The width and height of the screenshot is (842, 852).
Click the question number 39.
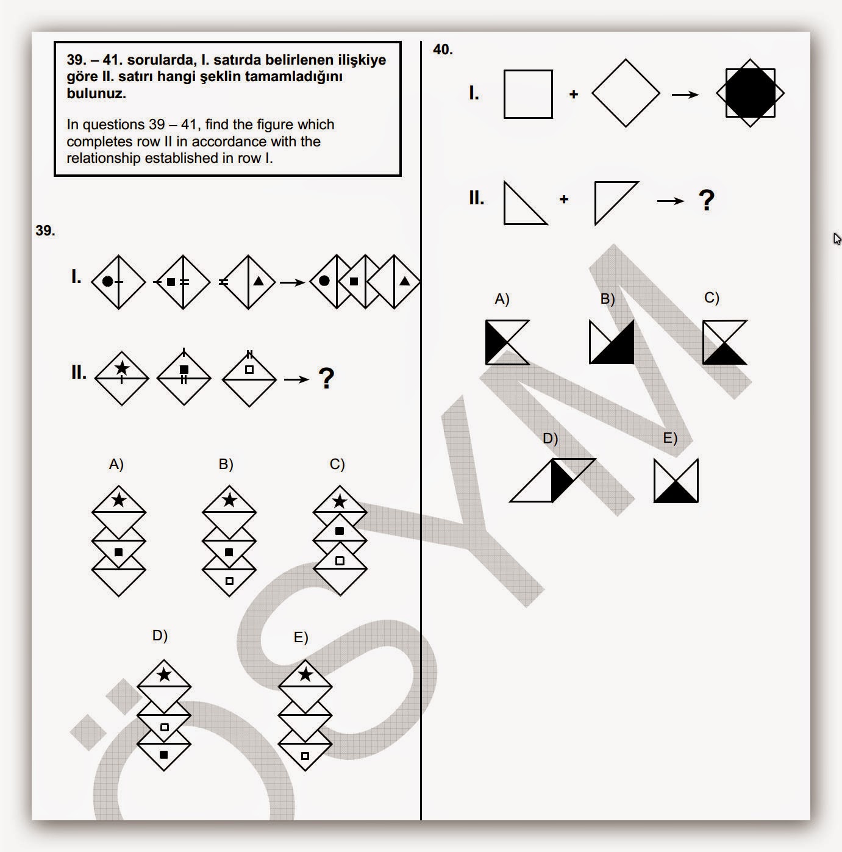(45, 231)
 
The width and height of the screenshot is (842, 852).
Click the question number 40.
(443, 49)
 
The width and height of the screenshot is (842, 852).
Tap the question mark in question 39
(326, 379)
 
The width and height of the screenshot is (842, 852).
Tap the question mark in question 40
(706, 200)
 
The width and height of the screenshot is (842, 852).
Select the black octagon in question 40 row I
(750, 93)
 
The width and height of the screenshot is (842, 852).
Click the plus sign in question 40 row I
(574, 94)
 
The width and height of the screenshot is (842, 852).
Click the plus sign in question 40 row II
(564, 199)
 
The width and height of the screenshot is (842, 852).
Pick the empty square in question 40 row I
(528, 94)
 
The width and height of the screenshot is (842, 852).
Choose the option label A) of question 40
(502, 299)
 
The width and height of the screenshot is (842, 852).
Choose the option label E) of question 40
(670, 438)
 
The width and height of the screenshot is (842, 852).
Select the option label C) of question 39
(337, 464)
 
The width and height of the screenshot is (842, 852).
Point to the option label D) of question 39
(160, 635)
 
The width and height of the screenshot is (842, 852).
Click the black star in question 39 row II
(121, 368)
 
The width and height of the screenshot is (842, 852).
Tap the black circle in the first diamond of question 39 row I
(107, 281)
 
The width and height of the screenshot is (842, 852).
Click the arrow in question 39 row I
(292, 282)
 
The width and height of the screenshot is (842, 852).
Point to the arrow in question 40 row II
(671, 201)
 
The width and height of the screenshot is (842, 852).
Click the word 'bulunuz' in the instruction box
(96, 93)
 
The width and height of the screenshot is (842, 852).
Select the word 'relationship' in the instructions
(104, 159)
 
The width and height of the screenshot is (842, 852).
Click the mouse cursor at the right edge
(837, 238)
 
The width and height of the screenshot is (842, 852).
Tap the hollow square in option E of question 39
(305, 756)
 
